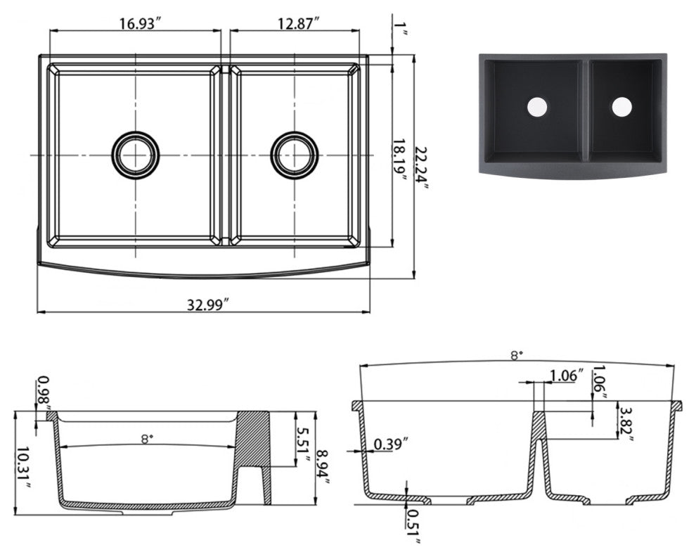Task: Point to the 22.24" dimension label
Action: click(423, 168)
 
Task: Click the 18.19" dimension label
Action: click(400, 160)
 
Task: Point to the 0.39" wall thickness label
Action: click(391, 444)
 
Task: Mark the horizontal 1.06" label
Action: click(567, 376)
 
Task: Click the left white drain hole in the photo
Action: click(538, 107)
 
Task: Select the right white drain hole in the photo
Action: click(621, 107)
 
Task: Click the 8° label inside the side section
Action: click(148, 439)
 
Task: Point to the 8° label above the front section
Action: click(515, 355)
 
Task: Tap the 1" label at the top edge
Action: click(399, 27)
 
